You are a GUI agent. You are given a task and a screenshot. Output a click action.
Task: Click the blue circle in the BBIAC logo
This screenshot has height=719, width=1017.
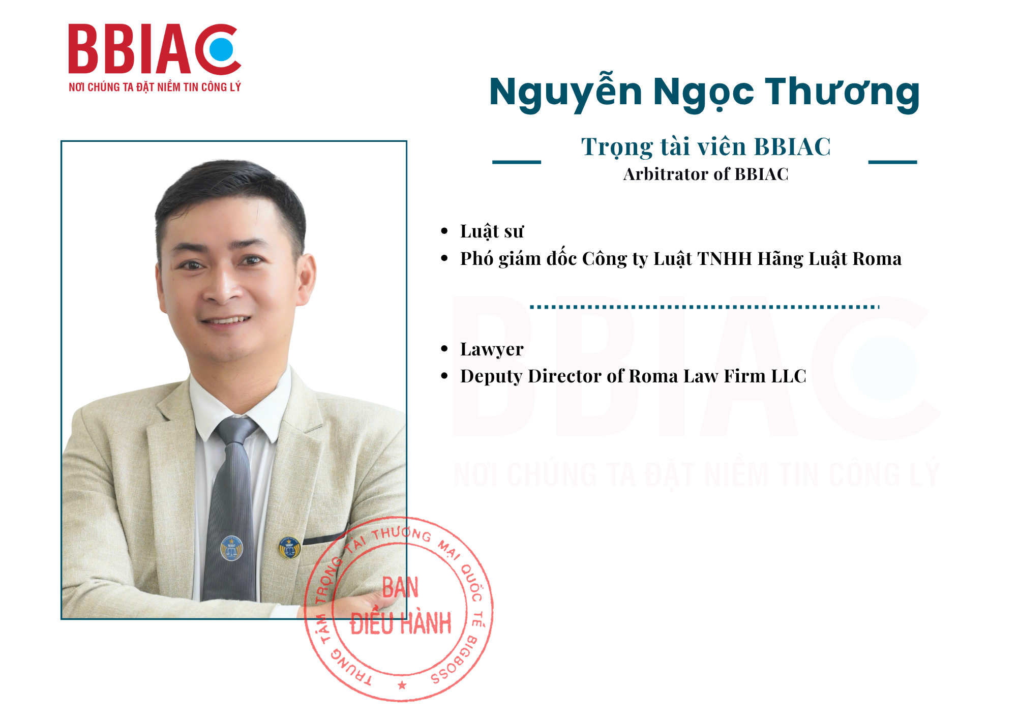pyautogui.click(x=221, y=49)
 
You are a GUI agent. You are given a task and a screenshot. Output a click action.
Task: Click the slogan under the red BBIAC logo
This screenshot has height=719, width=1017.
pyautogui.click(x=155, y=87)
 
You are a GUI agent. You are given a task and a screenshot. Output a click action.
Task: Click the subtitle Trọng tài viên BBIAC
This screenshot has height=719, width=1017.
pyautogui.click(x=706, y=147)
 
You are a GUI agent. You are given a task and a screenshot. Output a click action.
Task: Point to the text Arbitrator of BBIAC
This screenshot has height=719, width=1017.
pyautogui.click(x=706, y=174)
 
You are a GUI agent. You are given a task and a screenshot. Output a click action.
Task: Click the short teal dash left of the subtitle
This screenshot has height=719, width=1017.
pyautogui.click(x=517, y=162)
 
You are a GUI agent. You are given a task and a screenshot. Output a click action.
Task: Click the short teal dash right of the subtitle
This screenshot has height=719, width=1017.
pyautogui.click(x=892, y=162)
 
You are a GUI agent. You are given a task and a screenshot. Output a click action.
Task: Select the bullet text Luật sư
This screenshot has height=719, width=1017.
pyautogui.click(x=492, y=231)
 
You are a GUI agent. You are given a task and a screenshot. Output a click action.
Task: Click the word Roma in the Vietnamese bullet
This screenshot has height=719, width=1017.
pyautogui.click(x=877, y=259)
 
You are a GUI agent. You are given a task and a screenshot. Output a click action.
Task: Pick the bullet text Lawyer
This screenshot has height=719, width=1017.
pyautogui.click(x=492, y=349)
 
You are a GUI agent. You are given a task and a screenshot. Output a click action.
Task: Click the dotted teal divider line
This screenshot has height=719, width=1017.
pyautogui.click(x=705, y=307)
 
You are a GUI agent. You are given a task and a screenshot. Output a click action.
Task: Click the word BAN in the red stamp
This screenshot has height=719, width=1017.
pyautogui.click(x=401, y=588)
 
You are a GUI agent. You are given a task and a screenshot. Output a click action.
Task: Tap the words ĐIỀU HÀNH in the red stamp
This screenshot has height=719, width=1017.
pyautogui.click(x=401, y=623)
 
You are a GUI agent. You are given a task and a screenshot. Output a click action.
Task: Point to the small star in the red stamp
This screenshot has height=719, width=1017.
pyautogui.click(x=402, y=685)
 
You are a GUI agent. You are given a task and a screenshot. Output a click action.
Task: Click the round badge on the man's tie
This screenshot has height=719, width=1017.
pyautogui.click(x=231, y=548)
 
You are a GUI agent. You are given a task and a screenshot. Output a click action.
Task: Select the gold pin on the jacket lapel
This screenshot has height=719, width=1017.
pyautogui.click(x=290, y=548)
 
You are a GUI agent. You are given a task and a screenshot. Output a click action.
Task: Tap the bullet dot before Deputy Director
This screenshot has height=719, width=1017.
pyautogui.click(x=444, y=376)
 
